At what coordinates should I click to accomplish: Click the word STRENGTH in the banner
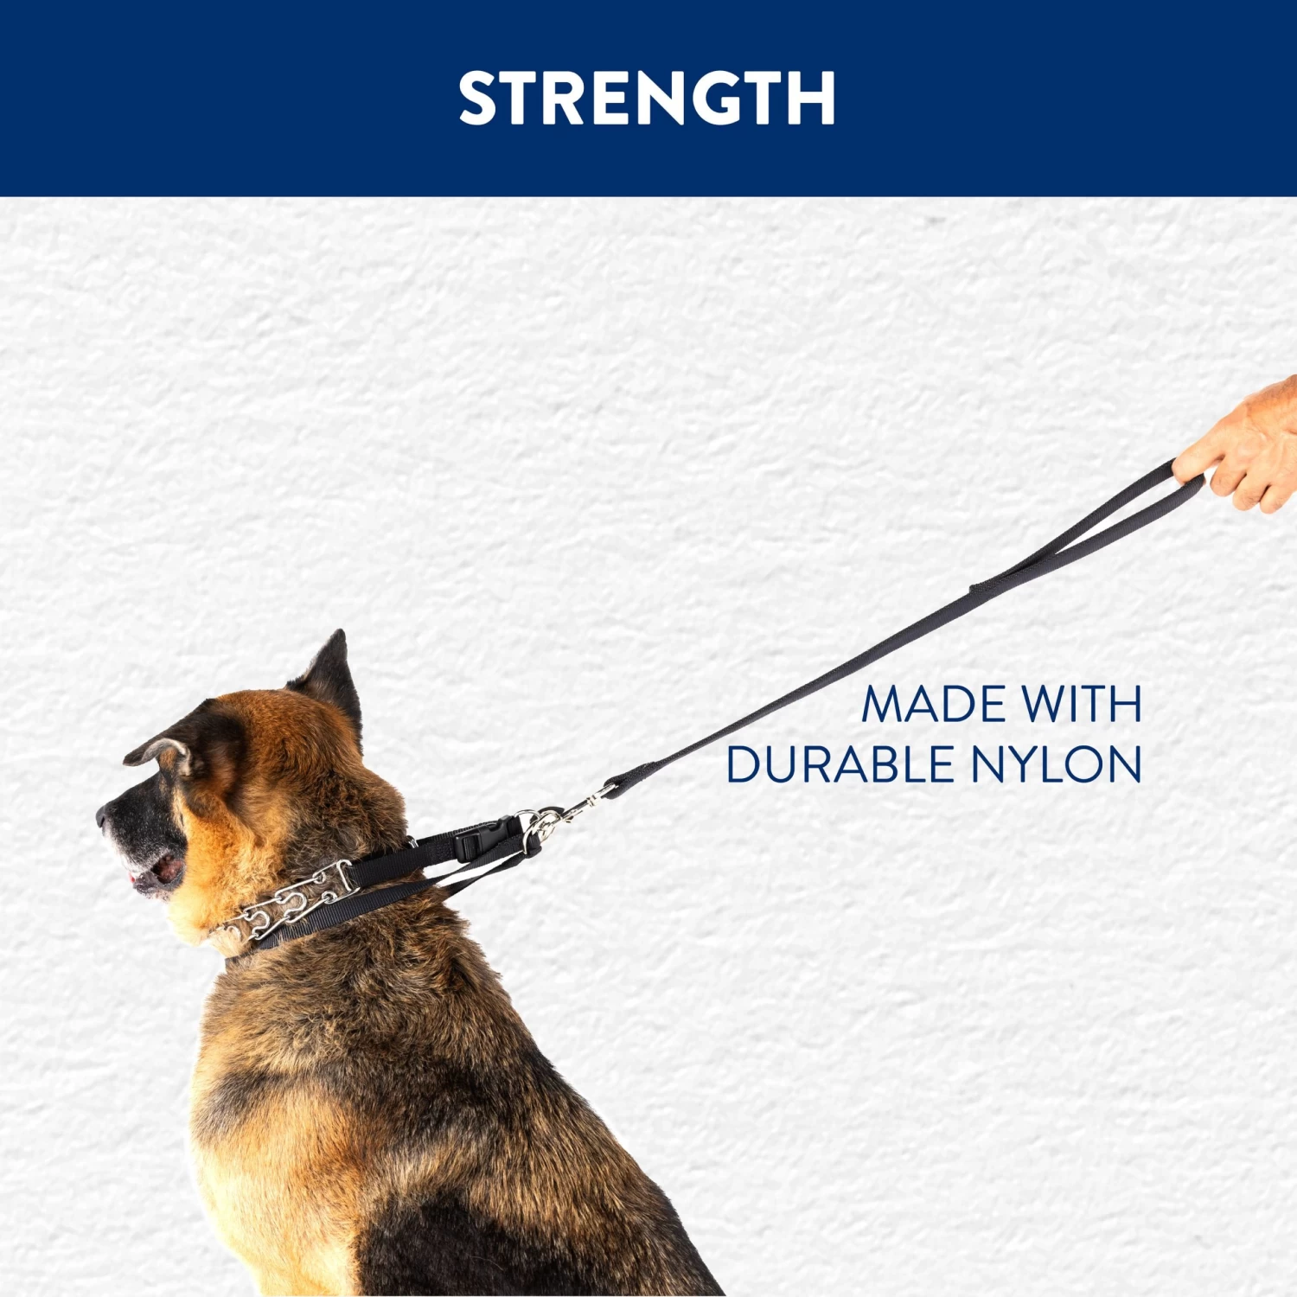click(x=647, y=98)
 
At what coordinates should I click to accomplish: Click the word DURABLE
click(x=838, y=764)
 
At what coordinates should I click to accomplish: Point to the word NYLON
click(x=1056, y=764)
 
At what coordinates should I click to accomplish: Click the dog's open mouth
click(x=156, y=872)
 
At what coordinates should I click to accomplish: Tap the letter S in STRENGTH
click(x=481, y=98)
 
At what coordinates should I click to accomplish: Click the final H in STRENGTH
click(x=811, y=98)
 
